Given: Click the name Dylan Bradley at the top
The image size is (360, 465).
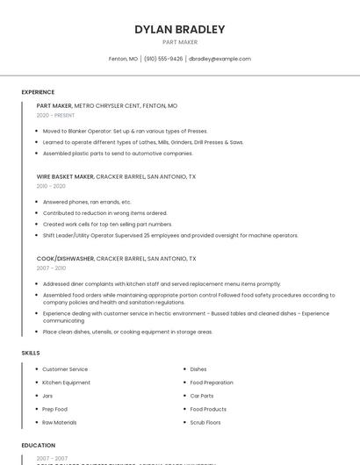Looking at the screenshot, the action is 180,29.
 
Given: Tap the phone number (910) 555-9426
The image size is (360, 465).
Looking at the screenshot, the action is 163,59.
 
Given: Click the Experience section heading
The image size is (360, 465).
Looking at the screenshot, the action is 38,92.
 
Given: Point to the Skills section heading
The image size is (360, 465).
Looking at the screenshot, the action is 31,353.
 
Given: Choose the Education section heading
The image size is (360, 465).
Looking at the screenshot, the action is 39,446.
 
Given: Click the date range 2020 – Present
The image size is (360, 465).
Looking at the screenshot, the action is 55,115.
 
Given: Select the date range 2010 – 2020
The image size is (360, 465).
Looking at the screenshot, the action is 51,186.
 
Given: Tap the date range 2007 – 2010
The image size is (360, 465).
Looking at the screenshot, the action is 51,268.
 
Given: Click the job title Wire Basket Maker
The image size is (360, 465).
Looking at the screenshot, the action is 65,176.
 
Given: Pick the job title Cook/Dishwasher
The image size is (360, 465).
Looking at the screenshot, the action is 65,259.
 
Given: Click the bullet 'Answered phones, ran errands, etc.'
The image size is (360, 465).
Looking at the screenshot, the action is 87,202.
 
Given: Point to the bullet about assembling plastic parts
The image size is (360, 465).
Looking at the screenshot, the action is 118,153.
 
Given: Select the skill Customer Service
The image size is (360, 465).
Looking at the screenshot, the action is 65,369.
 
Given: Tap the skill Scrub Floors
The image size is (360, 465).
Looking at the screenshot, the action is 205,422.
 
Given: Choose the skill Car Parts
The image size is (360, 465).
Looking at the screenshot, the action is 202,396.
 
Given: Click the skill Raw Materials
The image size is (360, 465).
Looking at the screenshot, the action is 61,422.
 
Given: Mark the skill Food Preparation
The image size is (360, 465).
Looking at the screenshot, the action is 212,383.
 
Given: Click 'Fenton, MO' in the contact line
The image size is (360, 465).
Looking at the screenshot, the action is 123,59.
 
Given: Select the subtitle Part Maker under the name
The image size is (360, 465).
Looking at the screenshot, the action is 180,42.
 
